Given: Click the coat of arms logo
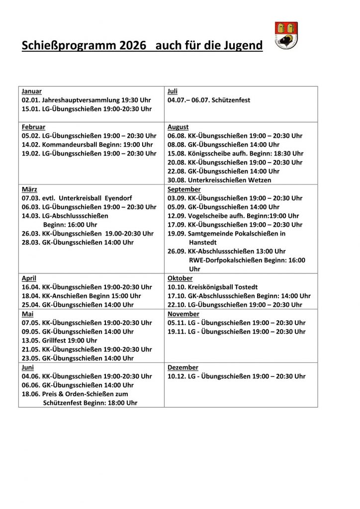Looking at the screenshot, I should tap(286, 35).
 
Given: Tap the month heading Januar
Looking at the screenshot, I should tap(32, 91).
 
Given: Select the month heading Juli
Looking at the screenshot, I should tap(173, 91).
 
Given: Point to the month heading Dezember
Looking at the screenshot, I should tap(183, 367).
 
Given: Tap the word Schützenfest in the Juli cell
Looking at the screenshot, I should tap(231, 100).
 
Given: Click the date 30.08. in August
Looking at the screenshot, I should tap(177, 180).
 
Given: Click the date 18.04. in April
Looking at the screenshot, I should tap(31, 296).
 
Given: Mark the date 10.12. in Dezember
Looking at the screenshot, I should tap(177, 376).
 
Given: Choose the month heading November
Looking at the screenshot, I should tap(183, 314).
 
